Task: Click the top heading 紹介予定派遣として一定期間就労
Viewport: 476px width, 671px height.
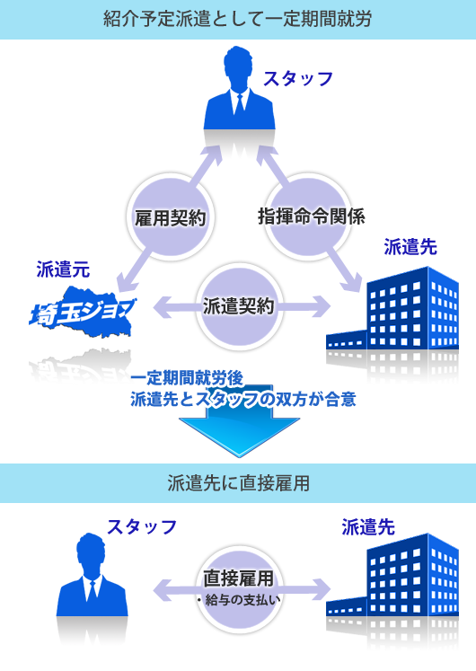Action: point(238,19)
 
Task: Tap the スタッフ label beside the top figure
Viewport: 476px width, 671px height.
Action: point(298,79)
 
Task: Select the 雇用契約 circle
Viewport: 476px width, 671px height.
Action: point(171,217)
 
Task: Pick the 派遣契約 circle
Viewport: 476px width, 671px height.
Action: point(239,306)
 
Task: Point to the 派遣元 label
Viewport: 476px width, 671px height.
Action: point(63,269)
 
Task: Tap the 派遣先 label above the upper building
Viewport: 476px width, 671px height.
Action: point(410,247)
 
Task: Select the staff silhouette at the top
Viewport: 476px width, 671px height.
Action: point(240,88)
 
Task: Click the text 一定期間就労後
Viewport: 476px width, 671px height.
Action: point(187,378)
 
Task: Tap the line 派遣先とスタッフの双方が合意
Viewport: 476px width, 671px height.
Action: point(243,399)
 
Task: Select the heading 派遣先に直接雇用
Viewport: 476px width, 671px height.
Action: point(238,483)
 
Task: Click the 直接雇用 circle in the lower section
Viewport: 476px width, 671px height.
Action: point(239,590)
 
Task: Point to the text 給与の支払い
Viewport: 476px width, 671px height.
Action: point(242,600)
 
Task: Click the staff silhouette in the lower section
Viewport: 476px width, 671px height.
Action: point(92,575)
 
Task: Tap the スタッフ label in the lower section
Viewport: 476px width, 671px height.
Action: point(142,526)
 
